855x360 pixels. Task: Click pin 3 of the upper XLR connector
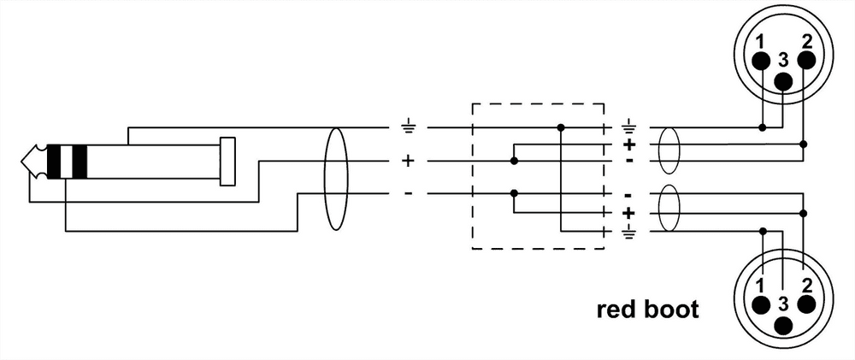point(783,80)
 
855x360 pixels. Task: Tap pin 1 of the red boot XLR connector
point(762,305)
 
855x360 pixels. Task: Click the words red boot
point(647,309)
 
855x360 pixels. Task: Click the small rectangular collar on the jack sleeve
point(227,161)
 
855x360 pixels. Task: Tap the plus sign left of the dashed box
point(408,160)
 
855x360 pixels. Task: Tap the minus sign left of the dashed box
point(408,193)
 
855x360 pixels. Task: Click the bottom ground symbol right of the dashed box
point(630,231)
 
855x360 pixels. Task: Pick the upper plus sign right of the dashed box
point(630,145)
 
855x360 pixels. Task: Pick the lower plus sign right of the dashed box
point(630,212)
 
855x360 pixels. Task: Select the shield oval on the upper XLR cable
point(669,145)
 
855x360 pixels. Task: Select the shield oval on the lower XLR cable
point(669,212)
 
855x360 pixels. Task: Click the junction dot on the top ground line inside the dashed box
point(561,127)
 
